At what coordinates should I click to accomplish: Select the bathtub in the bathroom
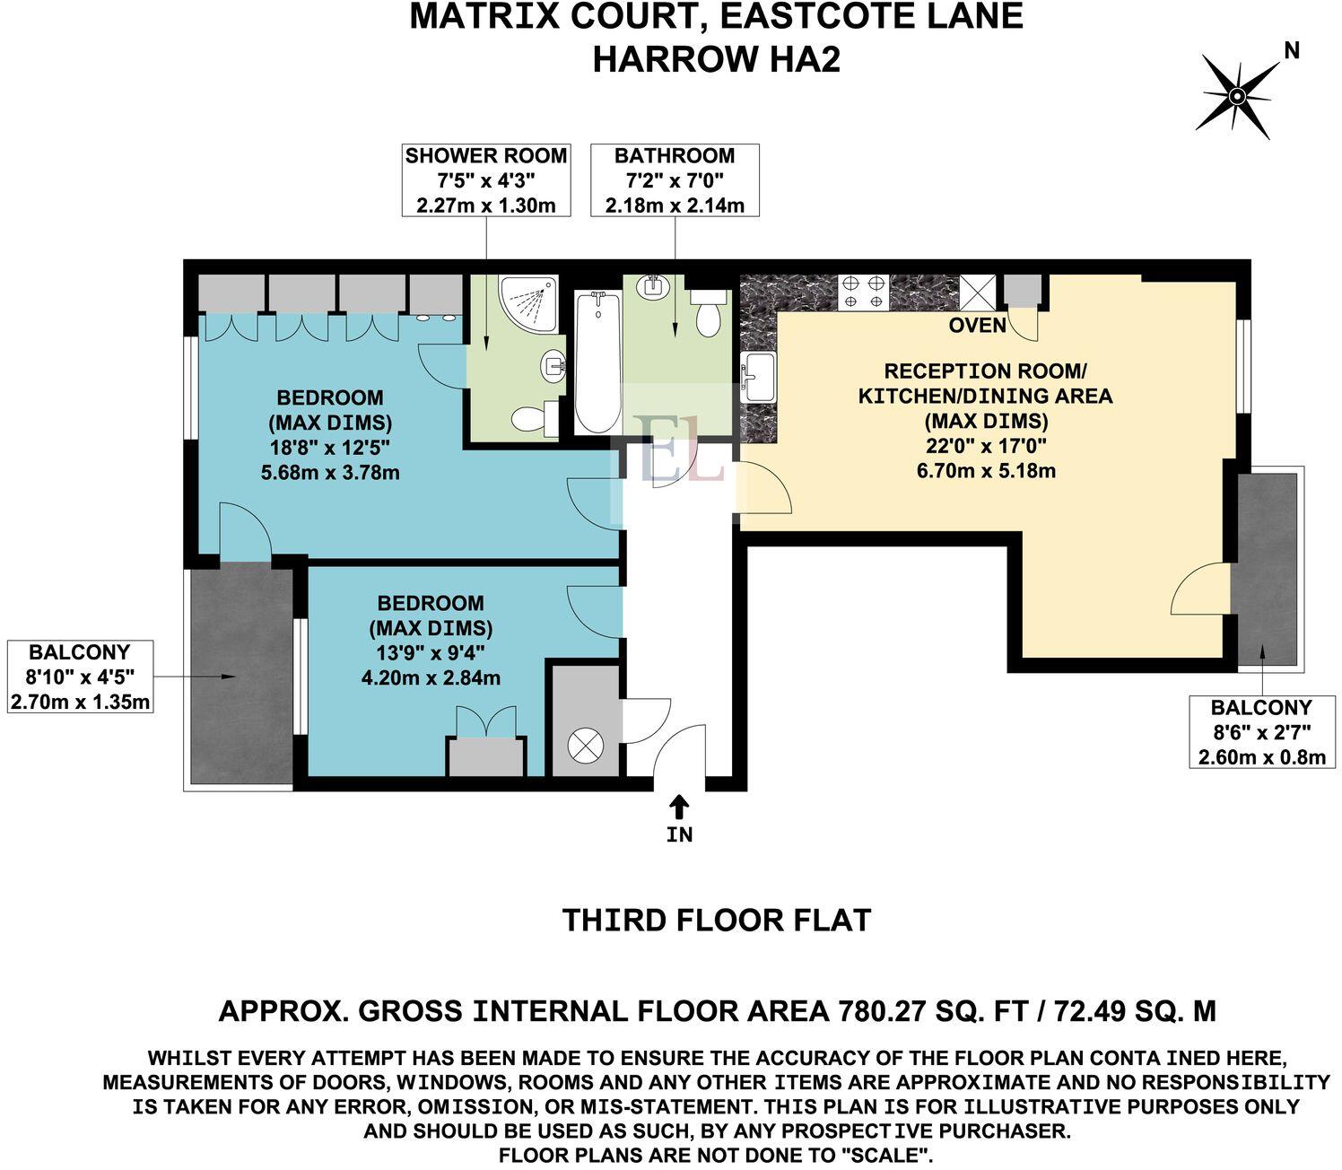tap(597, 361)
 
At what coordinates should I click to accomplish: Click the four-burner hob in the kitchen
tap(862, 292)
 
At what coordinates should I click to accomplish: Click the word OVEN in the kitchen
tap(978, 326)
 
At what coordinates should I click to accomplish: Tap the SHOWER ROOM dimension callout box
tap(486, 180)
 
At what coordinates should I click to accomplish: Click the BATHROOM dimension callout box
tap(675, 180)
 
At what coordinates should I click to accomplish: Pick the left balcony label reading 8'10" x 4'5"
tap(80, 677)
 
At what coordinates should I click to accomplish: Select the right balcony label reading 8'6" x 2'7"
tap(1261, 732)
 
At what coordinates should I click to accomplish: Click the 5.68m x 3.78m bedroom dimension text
tap(330, 471)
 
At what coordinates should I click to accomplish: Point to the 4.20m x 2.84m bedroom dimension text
tap(431, 677)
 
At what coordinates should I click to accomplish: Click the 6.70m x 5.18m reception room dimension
tap(986, 470)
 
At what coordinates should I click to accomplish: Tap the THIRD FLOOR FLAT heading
tap(716, 921)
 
